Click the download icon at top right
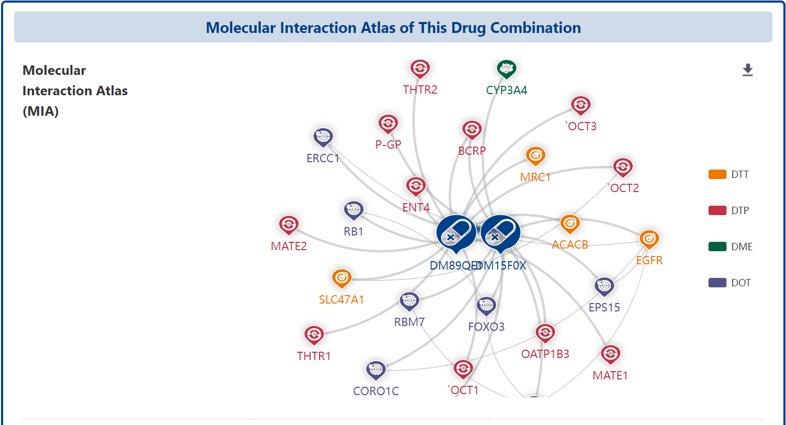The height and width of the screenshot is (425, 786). pos(748,70)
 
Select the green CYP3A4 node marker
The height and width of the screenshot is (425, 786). pos(506,69)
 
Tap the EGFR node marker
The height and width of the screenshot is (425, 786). pos(649,239)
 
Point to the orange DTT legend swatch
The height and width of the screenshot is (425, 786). pos(717,174)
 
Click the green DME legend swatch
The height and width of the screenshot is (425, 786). pos(717,247)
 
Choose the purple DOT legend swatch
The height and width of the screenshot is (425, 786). pos(717,283)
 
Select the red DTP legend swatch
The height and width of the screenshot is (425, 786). pos(717,210)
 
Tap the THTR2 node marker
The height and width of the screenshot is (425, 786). pos(420,69)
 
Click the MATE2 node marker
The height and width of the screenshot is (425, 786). pos(289,225)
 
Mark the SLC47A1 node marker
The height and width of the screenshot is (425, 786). pos(341,278)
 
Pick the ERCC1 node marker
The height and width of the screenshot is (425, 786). pos(323,137)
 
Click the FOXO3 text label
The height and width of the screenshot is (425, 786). pos(486,327)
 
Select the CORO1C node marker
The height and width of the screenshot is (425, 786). pos(375,370)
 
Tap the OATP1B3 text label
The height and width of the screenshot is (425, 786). pos(545,354)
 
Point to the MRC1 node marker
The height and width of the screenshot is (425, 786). pos(535,155)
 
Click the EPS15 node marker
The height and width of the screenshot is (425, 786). pos(604,286)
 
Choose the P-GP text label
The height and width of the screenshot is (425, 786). pos(388,144)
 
